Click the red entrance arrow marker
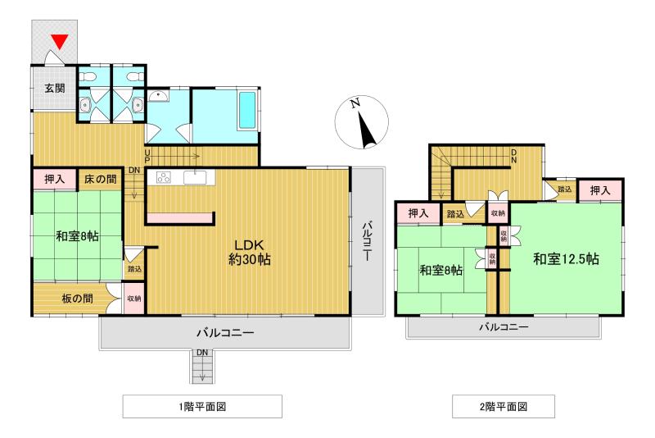coord(58,40)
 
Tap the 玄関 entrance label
coord(55,88)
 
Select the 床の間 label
coord(100,178)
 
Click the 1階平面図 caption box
coord(202,406)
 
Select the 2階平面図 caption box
coord(503,406)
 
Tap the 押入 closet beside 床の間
coord(54,178)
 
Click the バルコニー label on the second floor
coord(503,327)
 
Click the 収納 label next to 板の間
coord(133,299)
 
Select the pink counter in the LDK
coord(180,217)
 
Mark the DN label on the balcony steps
coord(201,353)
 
